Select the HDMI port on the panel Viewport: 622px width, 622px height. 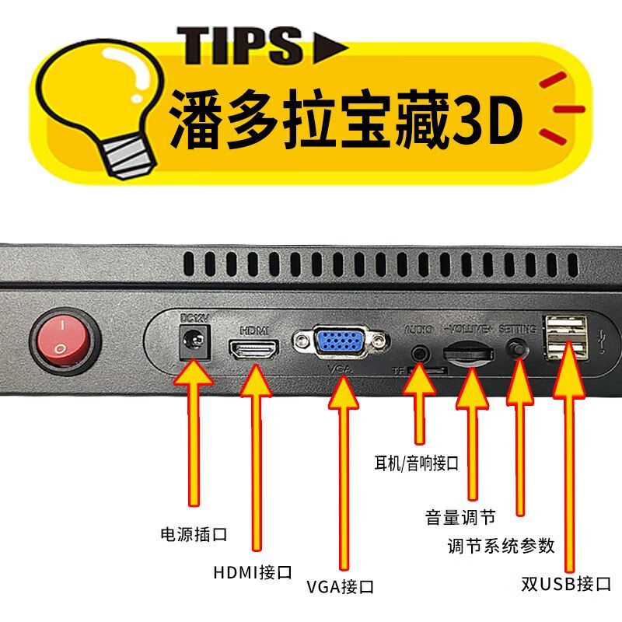pos(253,348)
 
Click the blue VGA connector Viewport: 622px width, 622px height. pos(341,343)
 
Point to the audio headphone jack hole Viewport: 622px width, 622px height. pos(421,352)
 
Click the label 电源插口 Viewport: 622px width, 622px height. pos(193,535)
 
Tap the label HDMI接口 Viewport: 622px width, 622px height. pos(253,573)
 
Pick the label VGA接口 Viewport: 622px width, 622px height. pos(340,586)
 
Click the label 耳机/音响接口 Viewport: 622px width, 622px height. pos(417,464)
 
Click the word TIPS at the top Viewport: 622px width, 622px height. pos(239,44)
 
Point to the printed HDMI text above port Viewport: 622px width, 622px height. pos(254,329)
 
